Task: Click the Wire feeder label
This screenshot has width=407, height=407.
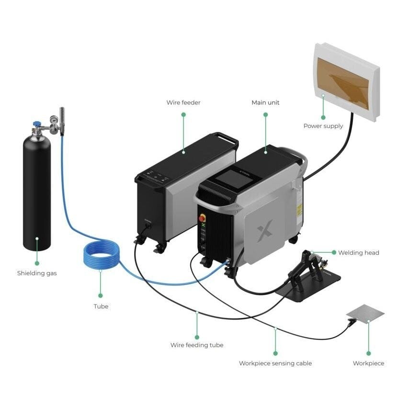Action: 183,102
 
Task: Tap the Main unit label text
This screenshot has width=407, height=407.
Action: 265,102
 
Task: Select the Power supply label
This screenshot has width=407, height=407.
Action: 323,126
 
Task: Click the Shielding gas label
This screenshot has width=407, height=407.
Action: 37,273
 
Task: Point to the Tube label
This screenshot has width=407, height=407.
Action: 101,306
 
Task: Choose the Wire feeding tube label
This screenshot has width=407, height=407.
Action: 197,345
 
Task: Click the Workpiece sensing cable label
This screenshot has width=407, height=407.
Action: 275,363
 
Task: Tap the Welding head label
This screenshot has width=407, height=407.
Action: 358,253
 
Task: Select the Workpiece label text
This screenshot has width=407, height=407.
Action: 368,363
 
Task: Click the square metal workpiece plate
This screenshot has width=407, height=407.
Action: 365,313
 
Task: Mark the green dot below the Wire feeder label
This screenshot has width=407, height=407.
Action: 183,114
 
